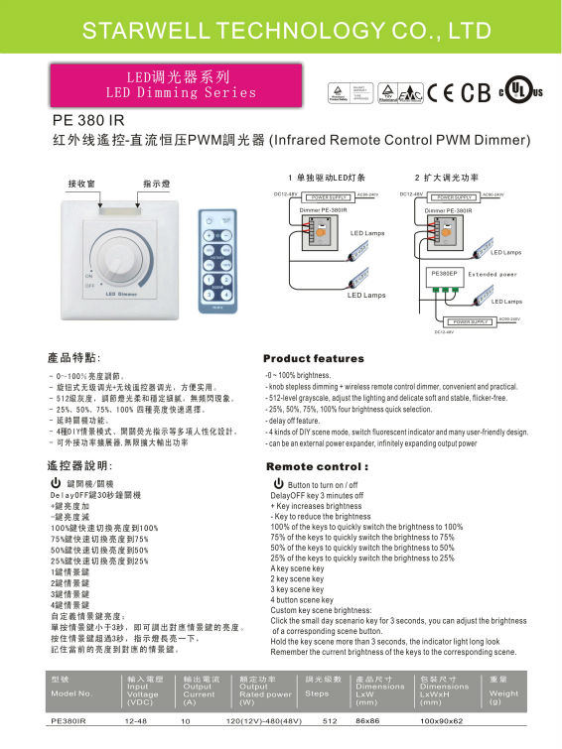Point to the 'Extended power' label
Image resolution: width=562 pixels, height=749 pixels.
(493, 274)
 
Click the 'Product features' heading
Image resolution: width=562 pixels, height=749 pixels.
(314, 358)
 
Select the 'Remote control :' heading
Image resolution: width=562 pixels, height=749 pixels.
(318, 465)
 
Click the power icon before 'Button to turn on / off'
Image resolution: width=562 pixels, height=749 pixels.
(278, 482)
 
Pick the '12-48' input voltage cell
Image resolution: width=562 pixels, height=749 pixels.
(137, 721)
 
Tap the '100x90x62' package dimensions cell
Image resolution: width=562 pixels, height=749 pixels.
(441, 721)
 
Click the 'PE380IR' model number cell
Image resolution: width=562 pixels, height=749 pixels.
(69, 721)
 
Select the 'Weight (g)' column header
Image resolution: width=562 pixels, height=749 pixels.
(504, 689)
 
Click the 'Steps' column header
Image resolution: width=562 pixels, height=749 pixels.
(317, 693)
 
